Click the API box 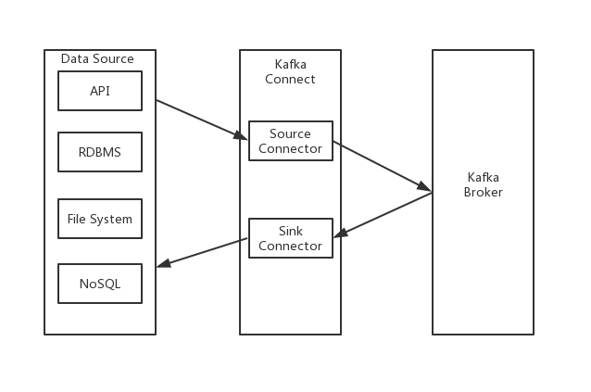(x=100, y=91)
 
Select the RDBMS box (x=100, y=152)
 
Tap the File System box (x=100, y=220)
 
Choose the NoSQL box (x=100, y=284)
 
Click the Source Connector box (x=290, y=141)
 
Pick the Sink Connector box (x=290, y=238)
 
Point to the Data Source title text (x=97, y=59)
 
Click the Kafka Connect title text (x=290, y=71)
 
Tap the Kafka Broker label (x=484, y=184)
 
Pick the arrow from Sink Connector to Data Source (x=202, y=252)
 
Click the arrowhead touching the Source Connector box (x=241, y=138)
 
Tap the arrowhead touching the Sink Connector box (x=340, y=234)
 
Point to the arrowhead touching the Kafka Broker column (x=424, y=188)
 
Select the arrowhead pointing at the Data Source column (x=163, y=265)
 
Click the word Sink (x=290, y=231)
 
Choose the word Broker (x=484, y=192)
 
